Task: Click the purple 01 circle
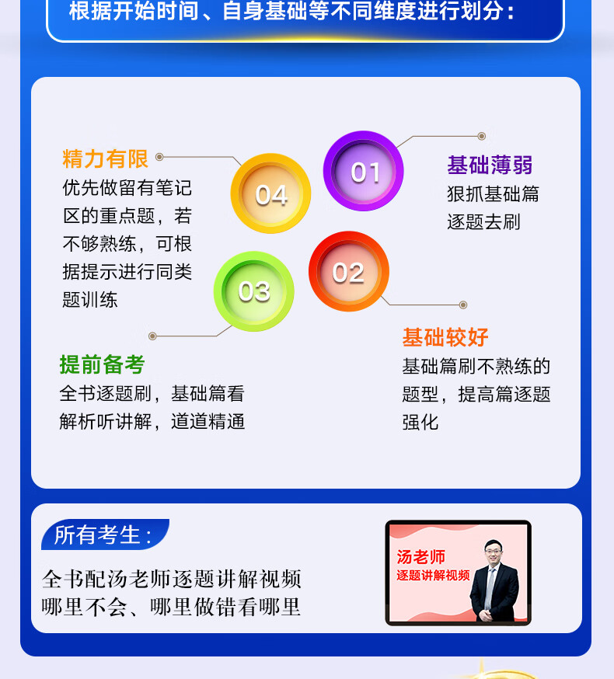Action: pos(364,171)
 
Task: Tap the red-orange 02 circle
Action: pos(349,271)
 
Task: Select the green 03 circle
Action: pos(254,291)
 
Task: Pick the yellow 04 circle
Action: pos(270,193)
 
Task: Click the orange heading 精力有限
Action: pos(105,158)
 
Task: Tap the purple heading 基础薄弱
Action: pos(490,165)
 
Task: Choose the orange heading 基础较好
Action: pos(445,337)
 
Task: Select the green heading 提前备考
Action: pos(102,364)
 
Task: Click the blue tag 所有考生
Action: pos(105,534)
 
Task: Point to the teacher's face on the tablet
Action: pos(493,551)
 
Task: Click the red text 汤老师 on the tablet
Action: pos(420,557)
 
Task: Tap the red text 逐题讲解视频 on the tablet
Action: pos(433,576)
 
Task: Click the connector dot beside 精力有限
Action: pos(159,157)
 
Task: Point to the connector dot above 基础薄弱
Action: pos(481,137)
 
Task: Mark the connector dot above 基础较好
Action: pos(463,305)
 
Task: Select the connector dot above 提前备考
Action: pos(152,336)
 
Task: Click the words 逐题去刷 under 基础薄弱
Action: pos(483,222)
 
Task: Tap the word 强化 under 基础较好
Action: pos(420,422)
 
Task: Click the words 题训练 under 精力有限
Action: pos(89,300)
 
